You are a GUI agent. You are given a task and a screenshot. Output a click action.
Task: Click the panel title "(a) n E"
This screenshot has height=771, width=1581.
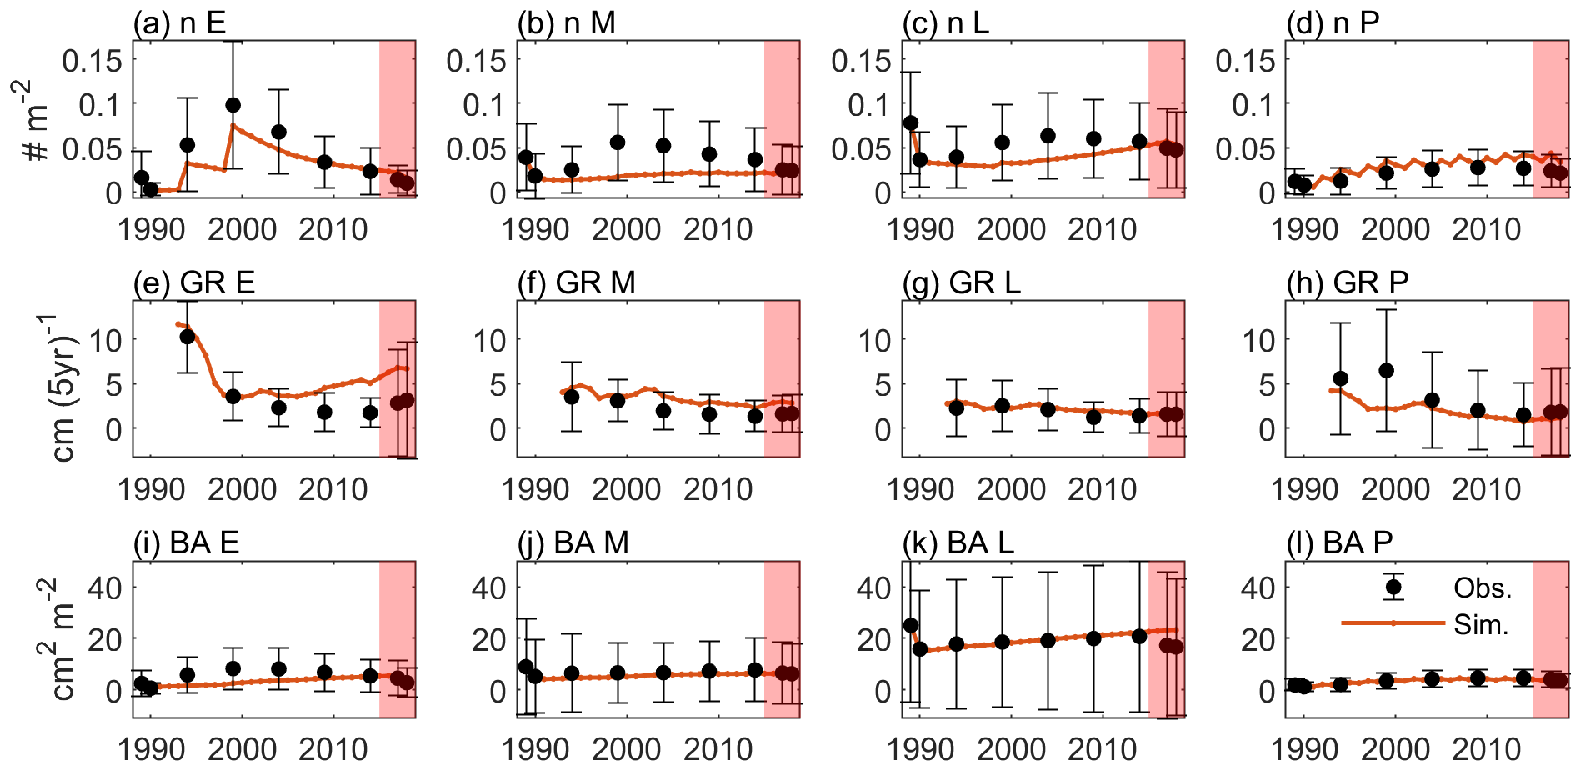click(x=179, y=23)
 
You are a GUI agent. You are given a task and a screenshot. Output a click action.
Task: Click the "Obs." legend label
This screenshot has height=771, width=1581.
click(x=1483, y=588)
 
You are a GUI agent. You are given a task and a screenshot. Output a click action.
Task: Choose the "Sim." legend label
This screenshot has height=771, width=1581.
click(x=1481, y=625)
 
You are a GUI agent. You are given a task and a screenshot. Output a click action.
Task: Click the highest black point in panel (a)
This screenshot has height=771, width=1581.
click(x=233, y=105)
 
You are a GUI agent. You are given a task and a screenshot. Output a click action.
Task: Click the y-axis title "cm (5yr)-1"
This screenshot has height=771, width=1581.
click(x=63, y=387)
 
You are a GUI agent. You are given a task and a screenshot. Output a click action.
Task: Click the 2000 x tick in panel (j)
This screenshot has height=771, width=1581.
click(x=627, y=749)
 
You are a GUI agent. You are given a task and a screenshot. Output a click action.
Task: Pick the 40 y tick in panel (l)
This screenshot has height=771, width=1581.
click(x=1258, y=588)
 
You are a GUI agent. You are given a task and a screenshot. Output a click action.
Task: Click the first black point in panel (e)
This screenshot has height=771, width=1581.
click(x=188, y=337)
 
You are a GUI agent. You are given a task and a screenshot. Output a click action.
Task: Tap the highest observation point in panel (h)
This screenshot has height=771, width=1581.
click(x=1386, y=371)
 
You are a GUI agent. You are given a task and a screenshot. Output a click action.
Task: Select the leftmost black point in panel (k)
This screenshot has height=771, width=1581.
click(x=911, y=625)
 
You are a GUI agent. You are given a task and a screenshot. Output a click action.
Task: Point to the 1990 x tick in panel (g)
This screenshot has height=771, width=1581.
click(x=920, y=489)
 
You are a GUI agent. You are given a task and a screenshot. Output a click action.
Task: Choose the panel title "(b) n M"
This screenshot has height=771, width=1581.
click(x=566, y=23)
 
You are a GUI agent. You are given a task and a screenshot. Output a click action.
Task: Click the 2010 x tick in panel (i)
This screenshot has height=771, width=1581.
click(x=333, y=749)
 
